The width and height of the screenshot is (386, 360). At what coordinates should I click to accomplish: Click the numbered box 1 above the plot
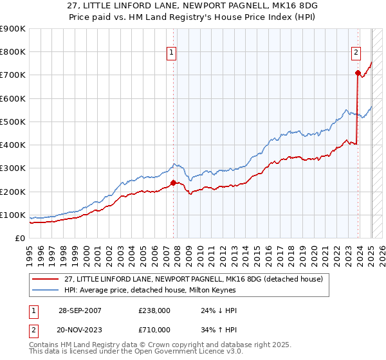click(173, 53)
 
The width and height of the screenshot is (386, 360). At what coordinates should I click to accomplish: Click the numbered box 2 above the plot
click(356, 53)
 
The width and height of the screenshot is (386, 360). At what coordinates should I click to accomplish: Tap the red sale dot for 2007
click(173, 183)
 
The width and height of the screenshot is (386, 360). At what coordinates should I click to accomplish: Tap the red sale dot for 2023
click(357, 73)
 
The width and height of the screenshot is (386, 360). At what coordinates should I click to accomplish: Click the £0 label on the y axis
click(20, 238)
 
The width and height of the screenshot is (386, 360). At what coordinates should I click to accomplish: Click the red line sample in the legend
click(46, 278)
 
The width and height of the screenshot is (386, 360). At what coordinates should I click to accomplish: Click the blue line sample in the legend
click(46, 289)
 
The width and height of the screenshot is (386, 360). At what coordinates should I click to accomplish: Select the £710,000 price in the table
click(155, 329)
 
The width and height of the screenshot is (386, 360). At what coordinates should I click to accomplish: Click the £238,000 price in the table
click(155, 310)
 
